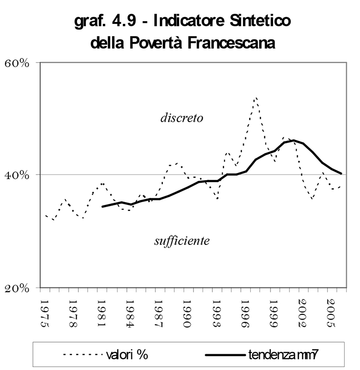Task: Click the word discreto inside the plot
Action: [182, 118]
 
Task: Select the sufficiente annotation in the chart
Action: [182, 241]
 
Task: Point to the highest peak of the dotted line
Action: [256, 98]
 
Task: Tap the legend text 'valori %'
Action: [127, 355]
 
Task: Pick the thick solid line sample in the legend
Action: [225, 355]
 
